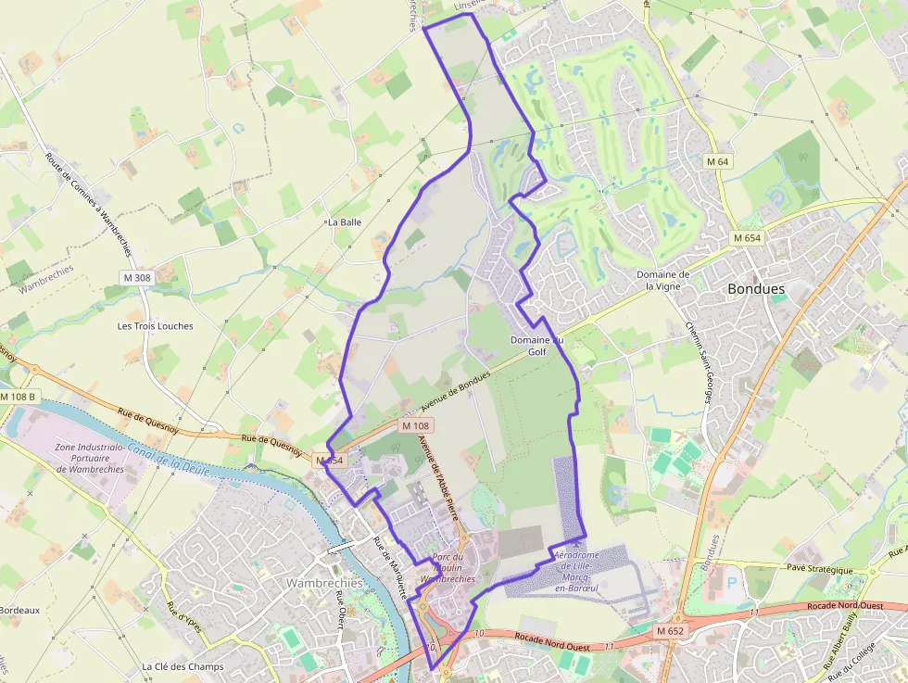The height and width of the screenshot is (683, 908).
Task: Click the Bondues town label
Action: tap(756, 289)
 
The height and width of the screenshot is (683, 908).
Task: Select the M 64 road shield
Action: tap(718, 162)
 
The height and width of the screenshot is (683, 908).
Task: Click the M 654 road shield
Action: tap(746, 238)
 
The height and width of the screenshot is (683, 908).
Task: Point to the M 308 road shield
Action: tap(136, 277)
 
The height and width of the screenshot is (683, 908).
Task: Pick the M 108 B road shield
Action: tap(18, 397)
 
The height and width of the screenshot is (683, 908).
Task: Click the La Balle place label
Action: tap(344, 222)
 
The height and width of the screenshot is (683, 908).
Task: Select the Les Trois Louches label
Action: tap(156, 326)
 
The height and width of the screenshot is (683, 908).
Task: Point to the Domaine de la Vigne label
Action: tap(662, 281)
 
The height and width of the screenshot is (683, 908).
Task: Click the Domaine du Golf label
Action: tap(536, 346)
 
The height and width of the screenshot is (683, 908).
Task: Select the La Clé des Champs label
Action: tap(183, 666)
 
